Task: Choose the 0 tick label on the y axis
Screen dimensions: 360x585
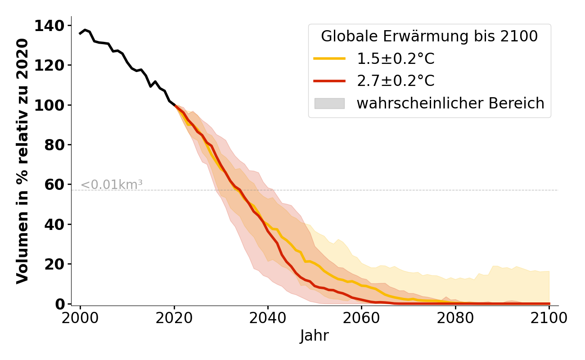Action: (60, 304)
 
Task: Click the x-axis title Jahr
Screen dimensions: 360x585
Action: (314, 336)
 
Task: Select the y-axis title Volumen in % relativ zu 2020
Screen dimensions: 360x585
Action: (22, 161)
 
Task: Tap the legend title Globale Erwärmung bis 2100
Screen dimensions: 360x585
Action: (429, 36)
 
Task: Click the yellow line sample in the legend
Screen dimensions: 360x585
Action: (329, 58)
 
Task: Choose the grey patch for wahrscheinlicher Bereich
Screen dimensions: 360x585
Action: (329, 103)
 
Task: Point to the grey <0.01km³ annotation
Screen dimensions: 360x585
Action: (111, 184)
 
